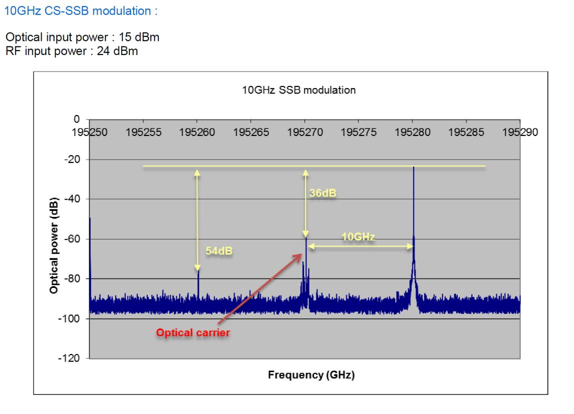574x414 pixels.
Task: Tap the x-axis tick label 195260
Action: pos(197,132)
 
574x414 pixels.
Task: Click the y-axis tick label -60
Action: pos(74,239)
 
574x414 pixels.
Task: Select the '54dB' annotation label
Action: pos(219,250)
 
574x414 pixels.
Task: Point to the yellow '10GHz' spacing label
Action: pos(359,236)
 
